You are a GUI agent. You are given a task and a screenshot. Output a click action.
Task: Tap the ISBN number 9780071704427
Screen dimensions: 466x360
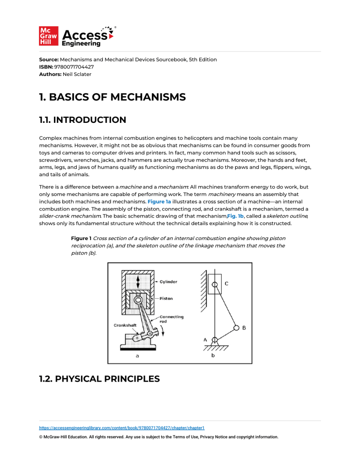pos(74,67)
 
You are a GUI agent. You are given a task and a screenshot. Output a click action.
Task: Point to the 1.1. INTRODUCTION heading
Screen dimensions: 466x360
pos(82,120)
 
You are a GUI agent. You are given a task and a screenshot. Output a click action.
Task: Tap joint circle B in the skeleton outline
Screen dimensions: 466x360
pos(237,328)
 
